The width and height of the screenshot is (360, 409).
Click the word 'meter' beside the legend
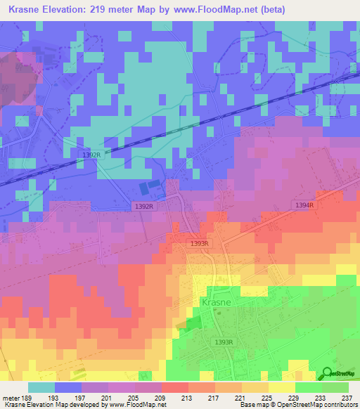coord(11,396)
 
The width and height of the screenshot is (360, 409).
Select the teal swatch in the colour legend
coord(41,387)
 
